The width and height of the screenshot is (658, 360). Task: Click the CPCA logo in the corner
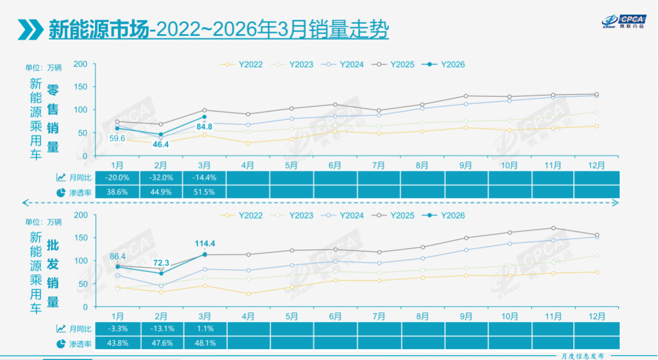point(624,21)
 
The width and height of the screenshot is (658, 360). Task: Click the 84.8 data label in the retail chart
point(205,127)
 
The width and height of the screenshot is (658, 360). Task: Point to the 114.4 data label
point(205,243)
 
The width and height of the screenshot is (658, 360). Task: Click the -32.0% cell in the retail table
point(161,177)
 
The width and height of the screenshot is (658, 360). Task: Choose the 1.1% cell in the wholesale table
point(205,328)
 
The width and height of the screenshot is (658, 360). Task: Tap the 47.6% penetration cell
point(161,343)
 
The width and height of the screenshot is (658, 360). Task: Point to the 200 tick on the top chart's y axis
point(80,64)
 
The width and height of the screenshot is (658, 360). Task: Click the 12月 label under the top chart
point(596,165)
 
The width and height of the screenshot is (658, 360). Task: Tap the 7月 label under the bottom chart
point(378,317)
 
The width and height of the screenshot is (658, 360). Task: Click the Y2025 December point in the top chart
point(596,94)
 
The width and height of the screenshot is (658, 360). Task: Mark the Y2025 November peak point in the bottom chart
point(553,228)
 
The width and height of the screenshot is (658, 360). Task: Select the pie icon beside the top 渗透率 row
point(61,192)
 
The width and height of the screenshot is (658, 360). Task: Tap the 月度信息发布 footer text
point(583,356)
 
